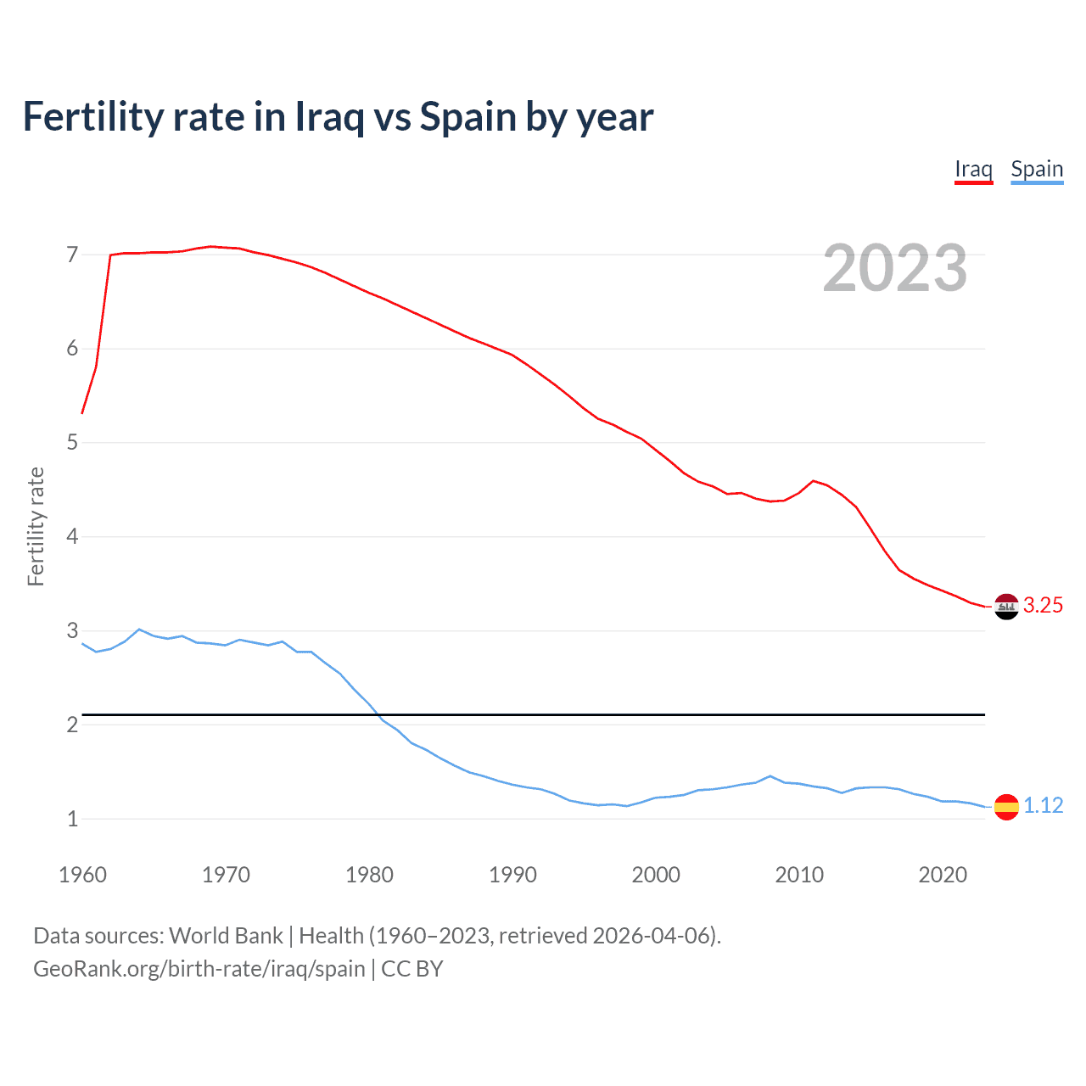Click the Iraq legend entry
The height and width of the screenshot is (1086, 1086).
point(973,169)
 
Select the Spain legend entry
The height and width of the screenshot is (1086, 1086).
point(1037,169)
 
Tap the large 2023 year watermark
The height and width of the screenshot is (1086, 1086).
point(894,268)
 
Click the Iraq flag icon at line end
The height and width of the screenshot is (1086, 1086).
point(1006,606)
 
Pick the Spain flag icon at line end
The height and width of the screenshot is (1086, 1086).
point(1006,806)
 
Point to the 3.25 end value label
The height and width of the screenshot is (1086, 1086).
point(1043,605)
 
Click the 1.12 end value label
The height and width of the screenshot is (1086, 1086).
point(1043,805)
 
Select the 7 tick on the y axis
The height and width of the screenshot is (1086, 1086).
point(72,255)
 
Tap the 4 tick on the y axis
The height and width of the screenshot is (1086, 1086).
point(72,536)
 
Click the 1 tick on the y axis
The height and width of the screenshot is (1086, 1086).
point(72,819)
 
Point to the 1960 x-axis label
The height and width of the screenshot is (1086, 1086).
point(82,875)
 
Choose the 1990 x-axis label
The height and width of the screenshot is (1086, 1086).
point(512,875)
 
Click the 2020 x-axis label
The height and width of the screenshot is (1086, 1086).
point(943,875)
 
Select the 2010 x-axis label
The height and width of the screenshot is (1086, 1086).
point(799,875)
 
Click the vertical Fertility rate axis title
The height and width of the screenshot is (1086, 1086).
point(36,526)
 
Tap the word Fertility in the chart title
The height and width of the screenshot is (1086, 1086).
point(92,117)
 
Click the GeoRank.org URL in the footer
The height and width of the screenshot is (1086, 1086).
point(199,968)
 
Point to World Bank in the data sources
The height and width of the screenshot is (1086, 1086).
point(226,935)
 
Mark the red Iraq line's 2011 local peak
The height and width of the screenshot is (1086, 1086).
point(814,481)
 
